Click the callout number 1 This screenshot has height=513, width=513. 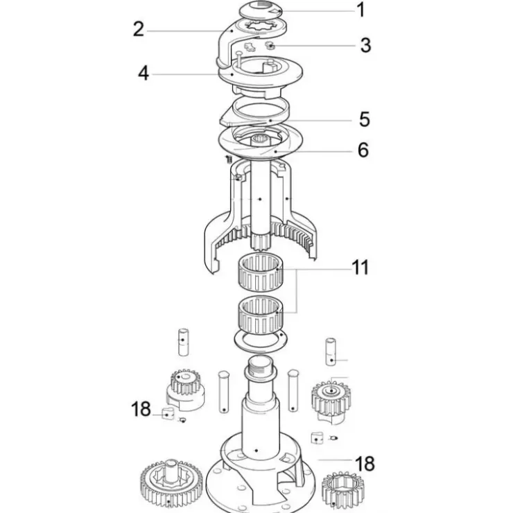click(361, 10)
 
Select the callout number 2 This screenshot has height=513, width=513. click(139, 29)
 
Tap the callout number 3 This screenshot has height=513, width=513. click(366, 45)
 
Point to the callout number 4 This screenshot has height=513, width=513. click(144, 73)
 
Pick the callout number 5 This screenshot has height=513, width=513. click(365, 119)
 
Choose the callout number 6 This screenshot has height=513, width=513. click(363, 150)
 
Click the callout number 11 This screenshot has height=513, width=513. click(360, 268)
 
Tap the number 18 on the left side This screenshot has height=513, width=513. click(141, 409)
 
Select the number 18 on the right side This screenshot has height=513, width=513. click(365, 464)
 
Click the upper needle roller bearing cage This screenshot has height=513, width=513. click(261, 272)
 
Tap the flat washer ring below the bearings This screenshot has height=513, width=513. click(261, 341)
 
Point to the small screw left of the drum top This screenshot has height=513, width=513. click(229, 159)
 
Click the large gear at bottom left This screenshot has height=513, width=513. click(168, 485)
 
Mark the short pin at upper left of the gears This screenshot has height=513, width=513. click(183, 342)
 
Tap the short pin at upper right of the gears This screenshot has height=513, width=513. click(331, 351)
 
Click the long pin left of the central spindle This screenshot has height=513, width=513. click(224, 392)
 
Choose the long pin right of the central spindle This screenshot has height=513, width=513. click(293, 390)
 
